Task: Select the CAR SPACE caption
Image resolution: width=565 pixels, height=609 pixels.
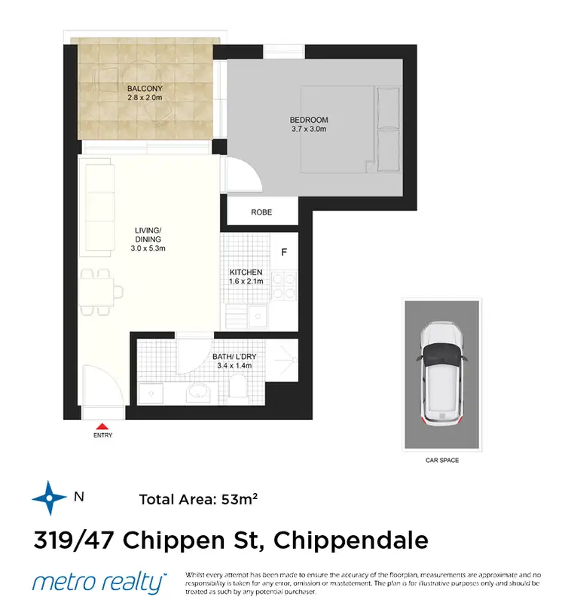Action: (x=441, y=460)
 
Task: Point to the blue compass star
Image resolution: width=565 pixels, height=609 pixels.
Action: (x=49, y=498)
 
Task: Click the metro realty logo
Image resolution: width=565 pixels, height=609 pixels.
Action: (x=98, y=582)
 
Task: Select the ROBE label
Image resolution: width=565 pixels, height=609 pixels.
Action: (x=261, y=213)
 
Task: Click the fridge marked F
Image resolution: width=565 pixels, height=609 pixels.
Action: (x=283, y=252)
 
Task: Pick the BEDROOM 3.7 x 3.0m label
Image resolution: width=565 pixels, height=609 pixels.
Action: (x=309, y=124)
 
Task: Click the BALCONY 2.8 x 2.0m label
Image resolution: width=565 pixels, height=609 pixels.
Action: (x=145, y=93)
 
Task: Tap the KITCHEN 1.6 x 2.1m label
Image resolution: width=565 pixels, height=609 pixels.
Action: (x=246, y=276)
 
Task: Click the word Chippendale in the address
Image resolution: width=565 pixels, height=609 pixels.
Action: (x=351, y=540)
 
